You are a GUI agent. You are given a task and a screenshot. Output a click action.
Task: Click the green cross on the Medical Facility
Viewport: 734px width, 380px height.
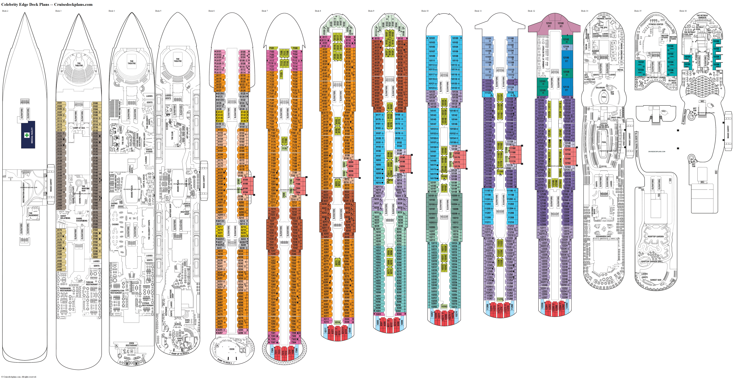tap(27, 135)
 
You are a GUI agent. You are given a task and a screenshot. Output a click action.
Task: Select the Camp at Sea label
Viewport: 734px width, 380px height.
tap(79, 128)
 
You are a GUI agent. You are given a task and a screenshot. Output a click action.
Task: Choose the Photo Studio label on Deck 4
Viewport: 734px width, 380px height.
tap(149, 150)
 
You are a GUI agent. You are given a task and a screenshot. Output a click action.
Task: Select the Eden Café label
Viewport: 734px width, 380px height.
tap(187, 321)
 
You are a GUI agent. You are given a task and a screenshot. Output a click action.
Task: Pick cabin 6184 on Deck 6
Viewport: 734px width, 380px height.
tap(245, 180)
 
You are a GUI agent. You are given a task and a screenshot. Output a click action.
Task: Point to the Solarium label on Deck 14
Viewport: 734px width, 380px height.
tap(600, 88)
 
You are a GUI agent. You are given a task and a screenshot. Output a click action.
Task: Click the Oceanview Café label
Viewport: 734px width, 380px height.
tap(603, 236)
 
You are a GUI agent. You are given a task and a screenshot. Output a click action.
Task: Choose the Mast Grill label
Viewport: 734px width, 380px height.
tap(616, 117)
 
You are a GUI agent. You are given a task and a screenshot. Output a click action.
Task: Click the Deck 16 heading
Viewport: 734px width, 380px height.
tap(683, 11)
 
